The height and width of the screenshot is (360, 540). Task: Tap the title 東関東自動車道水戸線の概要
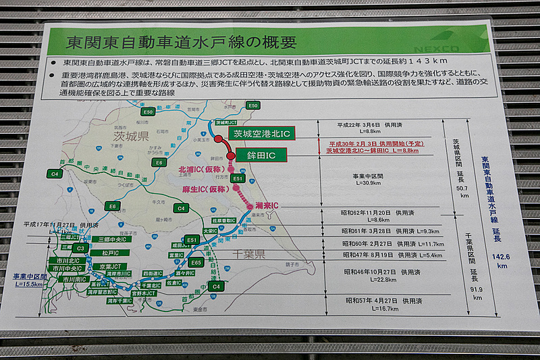tap(181, 42)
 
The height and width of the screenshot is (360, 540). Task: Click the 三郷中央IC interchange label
tap(95, 240)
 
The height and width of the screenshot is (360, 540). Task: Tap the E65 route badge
tap(196, 262)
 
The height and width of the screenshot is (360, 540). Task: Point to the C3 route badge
tap(80, 249)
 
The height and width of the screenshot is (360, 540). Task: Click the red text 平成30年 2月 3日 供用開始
tap(370, 144)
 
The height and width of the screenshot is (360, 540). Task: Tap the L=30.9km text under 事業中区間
tap(367, 183)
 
